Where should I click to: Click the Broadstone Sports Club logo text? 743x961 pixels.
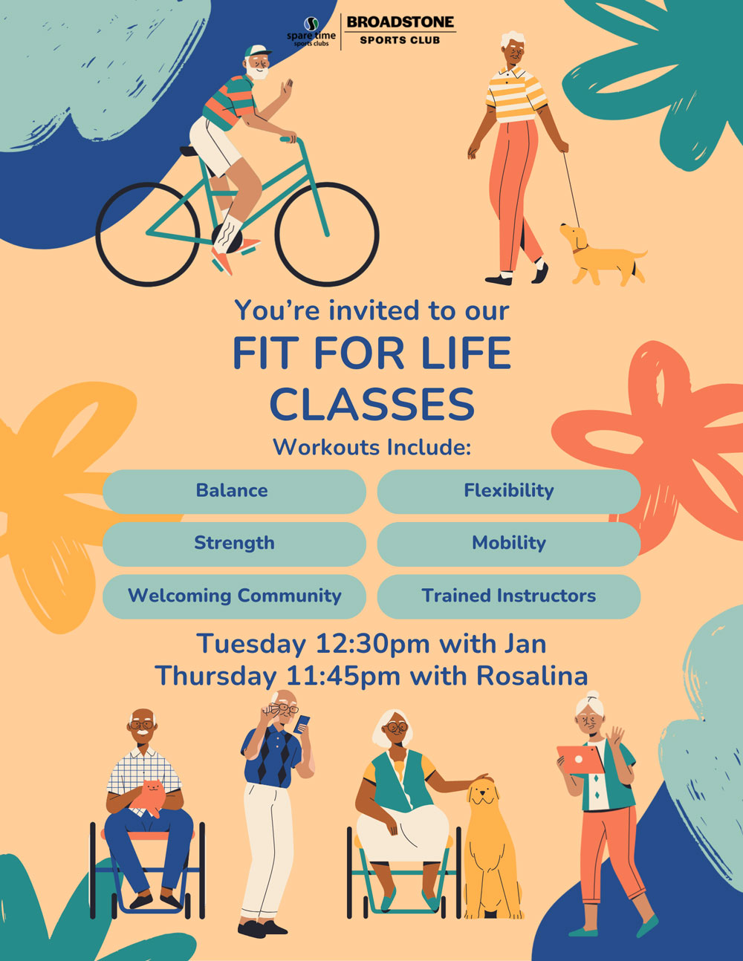click(x=400, y=30)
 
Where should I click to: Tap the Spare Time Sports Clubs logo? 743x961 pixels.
click(x=311, y=32)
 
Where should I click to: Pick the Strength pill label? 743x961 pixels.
click(x=234, y=544)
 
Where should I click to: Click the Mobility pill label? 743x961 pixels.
click(x=509, y=544)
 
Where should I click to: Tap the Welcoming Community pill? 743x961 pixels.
click(x=234, y=596)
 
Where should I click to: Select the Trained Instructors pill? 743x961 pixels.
click(x=509, y=596)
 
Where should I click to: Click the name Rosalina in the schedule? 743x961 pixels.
click(x=532, y=677)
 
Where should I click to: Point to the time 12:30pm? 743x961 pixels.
click(x=372, y=645)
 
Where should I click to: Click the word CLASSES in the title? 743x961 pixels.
click(x=372, y=404)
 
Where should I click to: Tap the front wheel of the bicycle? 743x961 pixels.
click(x=327, y=234)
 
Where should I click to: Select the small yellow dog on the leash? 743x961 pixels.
click(x=602, y=255)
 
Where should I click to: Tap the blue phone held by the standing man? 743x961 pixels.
click(x=302, y=724)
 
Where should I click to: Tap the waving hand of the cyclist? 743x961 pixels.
click(x=287, y=90)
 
